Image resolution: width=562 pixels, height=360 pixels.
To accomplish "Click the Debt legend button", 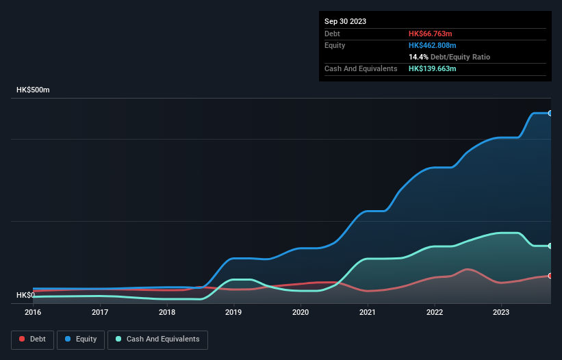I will pos(32,339).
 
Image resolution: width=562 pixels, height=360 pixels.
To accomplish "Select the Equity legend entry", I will pos(81,339).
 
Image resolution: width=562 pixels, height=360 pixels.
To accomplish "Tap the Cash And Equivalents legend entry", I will pos(157,339).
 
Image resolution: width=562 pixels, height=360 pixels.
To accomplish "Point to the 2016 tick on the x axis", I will pos(33,312).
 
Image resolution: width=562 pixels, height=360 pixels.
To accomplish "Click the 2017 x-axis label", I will pos(100,312).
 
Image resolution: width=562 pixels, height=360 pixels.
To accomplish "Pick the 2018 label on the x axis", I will pos(167,312).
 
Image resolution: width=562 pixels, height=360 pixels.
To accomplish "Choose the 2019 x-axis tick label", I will pos(233,312).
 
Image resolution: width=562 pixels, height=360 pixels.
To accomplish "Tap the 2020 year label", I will pos(301,312).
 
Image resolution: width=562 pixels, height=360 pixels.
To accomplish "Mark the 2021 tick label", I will pos(368,312).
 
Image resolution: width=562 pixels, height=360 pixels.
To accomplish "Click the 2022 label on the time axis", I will pos(435,312).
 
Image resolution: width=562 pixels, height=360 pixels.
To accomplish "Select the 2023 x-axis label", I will pos(501,312).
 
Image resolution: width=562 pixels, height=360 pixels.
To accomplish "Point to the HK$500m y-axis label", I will pos(33,90).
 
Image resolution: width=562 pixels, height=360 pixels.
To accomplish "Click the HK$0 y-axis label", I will pos(26,295).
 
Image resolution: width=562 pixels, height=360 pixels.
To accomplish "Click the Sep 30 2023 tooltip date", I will pos(346,21).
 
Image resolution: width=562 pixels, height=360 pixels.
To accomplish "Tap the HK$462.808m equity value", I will pos(434,45).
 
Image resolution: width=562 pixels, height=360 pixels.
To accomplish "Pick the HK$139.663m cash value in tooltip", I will pos(434,68).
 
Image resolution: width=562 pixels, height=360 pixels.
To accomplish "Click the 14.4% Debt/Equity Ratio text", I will pos(449,57).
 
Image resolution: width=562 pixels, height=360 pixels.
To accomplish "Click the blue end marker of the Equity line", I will pos(550,113).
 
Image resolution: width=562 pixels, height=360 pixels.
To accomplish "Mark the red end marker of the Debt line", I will pos(550,276).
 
